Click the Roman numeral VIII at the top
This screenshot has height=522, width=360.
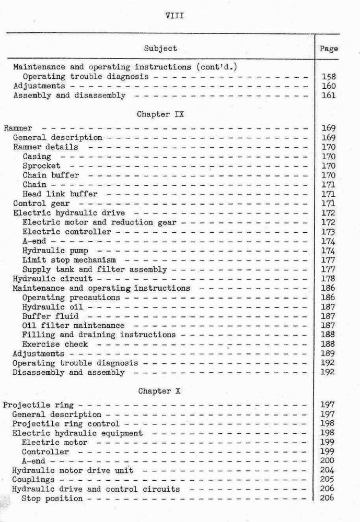174,15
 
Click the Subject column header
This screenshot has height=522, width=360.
160,49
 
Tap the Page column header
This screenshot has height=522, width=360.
329,49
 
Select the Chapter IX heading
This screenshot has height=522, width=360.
160,114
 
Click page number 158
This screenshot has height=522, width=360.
329,77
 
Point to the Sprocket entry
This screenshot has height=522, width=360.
41,166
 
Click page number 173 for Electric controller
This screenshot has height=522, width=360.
329,232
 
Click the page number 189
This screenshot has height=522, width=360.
329,354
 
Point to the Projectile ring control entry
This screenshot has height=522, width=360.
66,424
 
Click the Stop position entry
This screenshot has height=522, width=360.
52,499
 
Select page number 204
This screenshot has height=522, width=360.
329,470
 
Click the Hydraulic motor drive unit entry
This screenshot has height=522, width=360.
72,470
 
